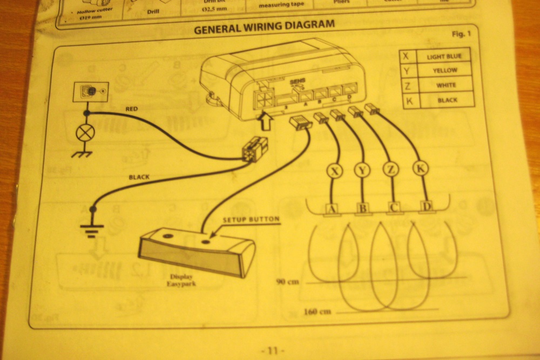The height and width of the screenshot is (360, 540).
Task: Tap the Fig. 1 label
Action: pos(461,35)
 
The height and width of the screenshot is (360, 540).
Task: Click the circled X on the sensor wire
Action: pos(336,171)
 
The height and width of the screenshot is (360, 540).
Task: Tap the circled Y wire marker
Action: pos(362,171)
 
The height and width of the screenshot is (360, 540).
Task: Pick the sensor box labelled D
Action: pos(427,207)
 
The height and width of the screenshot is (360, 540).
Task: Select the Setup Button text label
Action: pos(251,219)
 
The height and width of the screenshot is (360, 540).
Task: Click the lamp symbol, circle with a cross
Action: pos(85,133)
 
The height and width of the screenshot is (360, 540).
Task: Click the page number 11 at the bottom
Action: pos(273,351)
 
